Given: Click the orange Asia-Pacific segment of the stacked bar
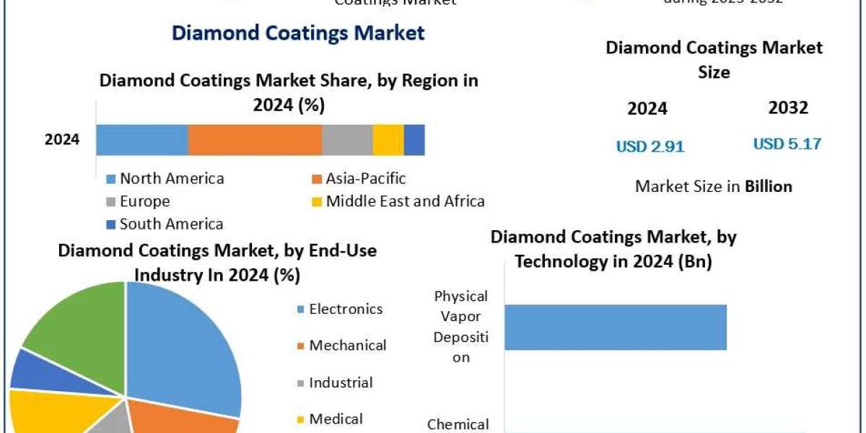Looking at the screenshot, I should tap(255, 139).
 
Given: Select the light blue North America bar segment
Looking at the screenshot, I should tap(142, 139).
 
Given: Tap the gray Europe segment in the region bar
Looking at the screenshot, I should tap(347, 139).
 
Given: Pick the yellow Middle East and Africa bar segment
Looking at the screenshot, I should tap(388, 139).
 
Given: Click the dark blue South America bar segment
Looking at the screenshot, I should tap(414, 139).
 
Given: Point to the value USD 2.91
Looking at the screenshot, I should tap(650, 146).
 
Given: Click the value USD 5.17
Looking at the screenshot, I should tap(787, 144).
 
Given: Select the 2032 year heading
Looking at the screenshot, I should tap(788, 108).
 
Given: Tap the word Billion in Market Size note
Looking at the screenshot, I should tap(769, 186).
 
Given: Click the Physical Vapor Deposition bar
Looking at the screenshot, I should tap(615, 327).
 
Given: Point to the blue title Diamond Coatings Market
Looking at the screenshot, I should tap(297, 32).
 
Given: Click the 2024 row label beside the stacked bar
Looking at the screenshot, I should tap(62, 139).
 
